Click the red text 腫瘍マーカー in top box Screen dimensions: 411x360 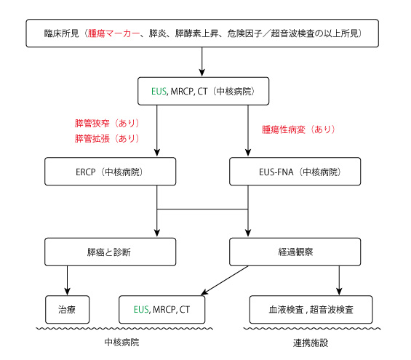(113, 33)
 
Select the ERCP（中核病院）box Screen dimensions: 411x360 (111, 172)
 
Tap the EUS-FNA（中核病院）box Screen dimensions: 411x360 (295, 172)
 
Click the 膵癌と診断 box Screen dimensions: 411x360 (111, 252)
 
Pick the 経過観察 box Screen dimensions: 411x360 (295, 252)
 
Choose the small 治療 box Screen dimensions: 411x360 (68, 310)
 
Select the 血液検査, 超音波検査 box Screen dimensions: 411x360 (311, 310)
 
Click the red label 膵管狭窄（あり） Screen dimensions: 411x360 (107, 123)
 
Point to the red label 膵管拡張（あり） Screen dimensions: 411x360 (107, 138)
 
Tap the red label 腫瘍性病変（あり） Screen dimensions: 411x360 (298, 129)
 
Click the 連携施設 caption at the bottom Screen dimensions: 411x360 (311, 343)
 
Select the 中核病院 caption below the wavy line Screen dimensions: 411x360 (122, 343)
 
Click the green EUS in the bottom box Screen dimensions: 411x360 (141, 309)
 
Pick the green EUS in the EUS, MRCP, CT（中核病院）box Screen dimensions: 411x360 (159, 91)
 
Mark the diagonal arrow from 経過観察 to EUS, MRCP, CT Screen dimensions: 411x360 (225, 281)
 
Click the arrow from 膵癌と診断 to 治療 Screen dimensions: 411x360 (68, 281)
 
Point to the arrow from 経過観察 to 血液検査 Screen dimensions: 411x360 (339, 281)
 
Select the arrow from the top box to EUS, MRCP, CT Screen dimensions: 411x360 (201, 62)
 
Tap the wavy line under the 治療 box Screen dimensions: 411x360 (124, 328)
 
